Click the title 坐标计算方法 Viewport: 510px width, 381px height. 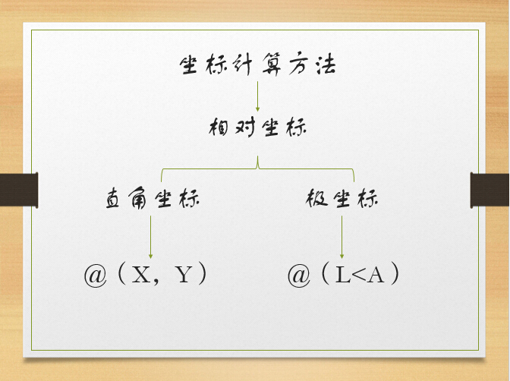[x=257, y=65]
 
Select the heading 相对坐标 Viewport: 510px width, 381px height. [x=257, y=127]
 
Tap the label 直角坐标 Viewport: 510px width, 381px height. [x=153, y=198]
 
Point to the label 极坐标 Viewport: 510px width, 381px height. [x=342, y=198]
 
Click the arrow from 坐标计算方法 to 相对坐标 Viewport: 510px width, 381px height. [x=257, y=96]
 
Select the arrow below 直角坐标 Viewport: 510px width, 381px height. [x=150, y=237]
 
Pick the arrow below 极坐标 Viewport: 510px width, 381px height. [x=342, y=237]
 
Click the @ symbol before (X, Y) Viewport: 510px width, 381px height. [x=96, y=276]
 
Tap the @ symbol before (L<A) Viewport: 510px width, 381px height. [x=298, y=276]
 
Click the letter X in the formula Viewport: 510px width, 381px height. [x=141, y=275]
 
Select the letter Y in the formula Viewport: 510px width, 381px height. [x=184, y=275]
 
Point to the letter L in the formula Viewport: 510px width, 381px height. [x=343, y=275]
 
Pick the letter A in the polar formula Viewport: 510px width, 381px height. [x=376, y=275]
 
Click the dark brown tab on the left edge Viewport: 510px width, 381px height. [x=19, y=190]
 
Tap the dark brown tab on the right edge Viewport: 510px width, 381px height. [x=490, y=190]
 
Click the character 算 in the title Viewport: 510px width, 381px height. [x=272, y=65]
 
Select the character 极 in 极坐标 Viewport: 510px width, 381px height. [x=316, y=197]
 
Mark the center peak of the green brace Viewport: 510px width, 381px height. [x=257, y=157]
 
